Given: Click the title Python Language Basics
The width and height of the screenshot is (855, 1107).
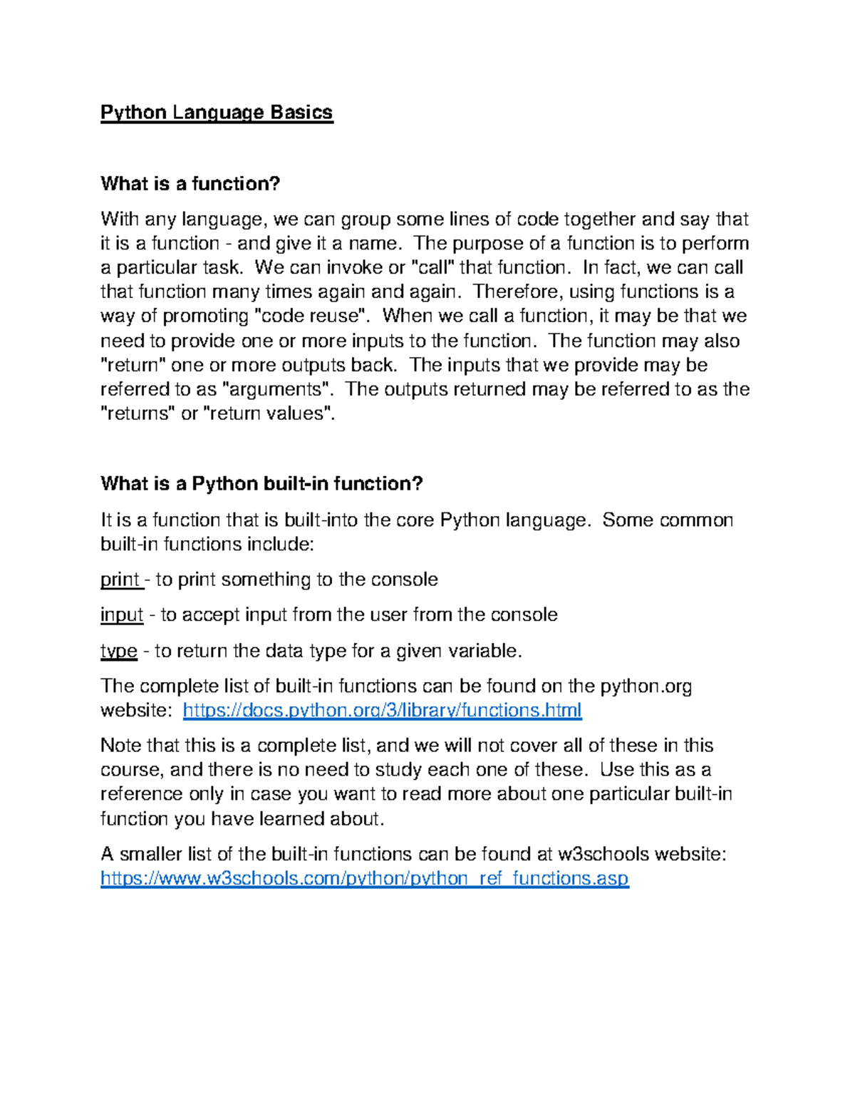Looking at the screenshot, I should tap(217, 113).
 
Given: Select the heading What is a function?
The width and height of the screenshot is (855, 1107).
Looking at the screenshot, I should tap(190, 184).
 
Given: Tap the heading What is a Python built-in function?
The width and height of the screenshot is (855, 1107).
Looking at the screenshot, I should tap(261, 484).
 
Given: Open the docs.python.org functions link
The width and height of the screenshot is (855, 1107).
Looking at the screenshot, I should tap(382, 710).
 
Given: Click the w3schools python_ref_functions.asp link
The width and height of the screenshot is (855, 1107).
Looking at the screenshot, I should tap(364, 878).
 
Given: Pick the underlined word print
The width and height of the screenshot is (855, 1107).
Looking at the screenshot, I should tap(120, 580).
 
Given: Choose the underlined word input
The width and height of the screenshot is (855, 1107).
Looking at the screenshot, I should tap(122, 615).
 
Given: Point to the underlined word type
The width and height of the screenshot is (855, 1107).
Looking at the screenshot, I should tap(118, 651).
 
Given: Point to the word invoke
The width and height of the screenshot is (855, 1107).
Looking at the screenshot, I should tap(354, 267).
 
